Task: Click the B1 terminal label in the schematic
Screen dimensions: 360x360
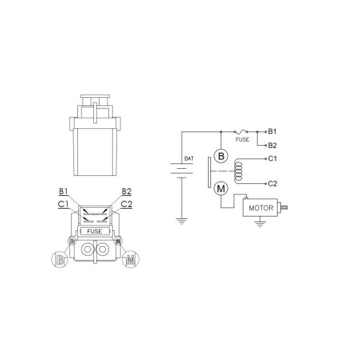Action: pyautogui.click(x=272, y=131)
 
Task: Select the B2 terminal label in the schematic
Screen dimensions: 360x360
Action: pyautogui.click(x=272, y=146)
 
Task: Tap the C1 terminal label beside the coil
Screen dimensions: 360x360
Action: pyautogui.click(x=272, y=158)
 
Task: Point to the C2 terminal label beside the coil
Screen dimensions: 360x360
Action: pyautogui.click(x=272, y=183)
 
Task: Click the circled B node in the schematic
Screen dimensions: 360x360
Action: pyautogui.click(x=221, y=156)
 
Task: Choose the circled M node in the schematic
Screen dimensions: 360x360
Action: pyautogui.click(x=221, y=189)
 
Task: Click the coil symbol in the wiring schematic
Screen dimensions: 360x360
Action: pyautogui.click(x=238, y=171)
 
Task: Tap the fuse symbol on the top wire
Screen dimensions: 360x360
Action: pyautogui.click(x=241, y=131)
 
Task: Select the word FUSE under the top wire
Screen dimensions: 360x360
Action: pyautogui.click(x=242, y=139)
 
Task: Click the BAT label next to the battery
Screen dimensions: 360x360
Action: pyautogui.click(x=189, y=158)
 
